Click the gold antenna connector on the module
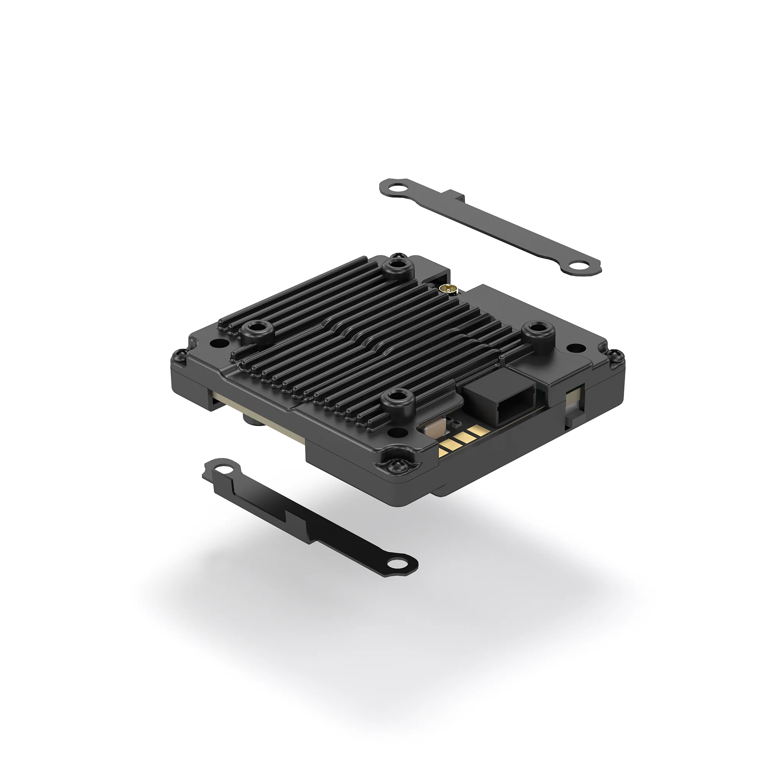(x=444, y=288)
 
